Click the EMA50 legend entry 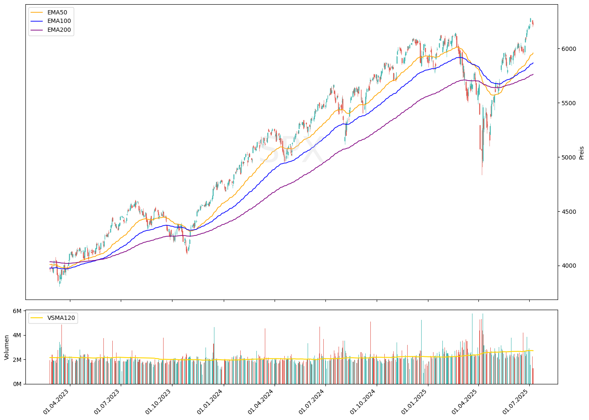[57, 12]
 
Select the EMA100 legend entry [59, 21]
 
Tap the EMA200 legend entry [59, 30]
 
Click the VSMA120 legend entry [62, 318]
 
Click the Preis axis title [581, 153]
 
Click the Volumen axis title [7, 347]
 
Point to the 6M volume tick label [17, 311]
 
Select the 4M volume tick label [17, 335]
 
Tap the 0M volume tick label [17, 384]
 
